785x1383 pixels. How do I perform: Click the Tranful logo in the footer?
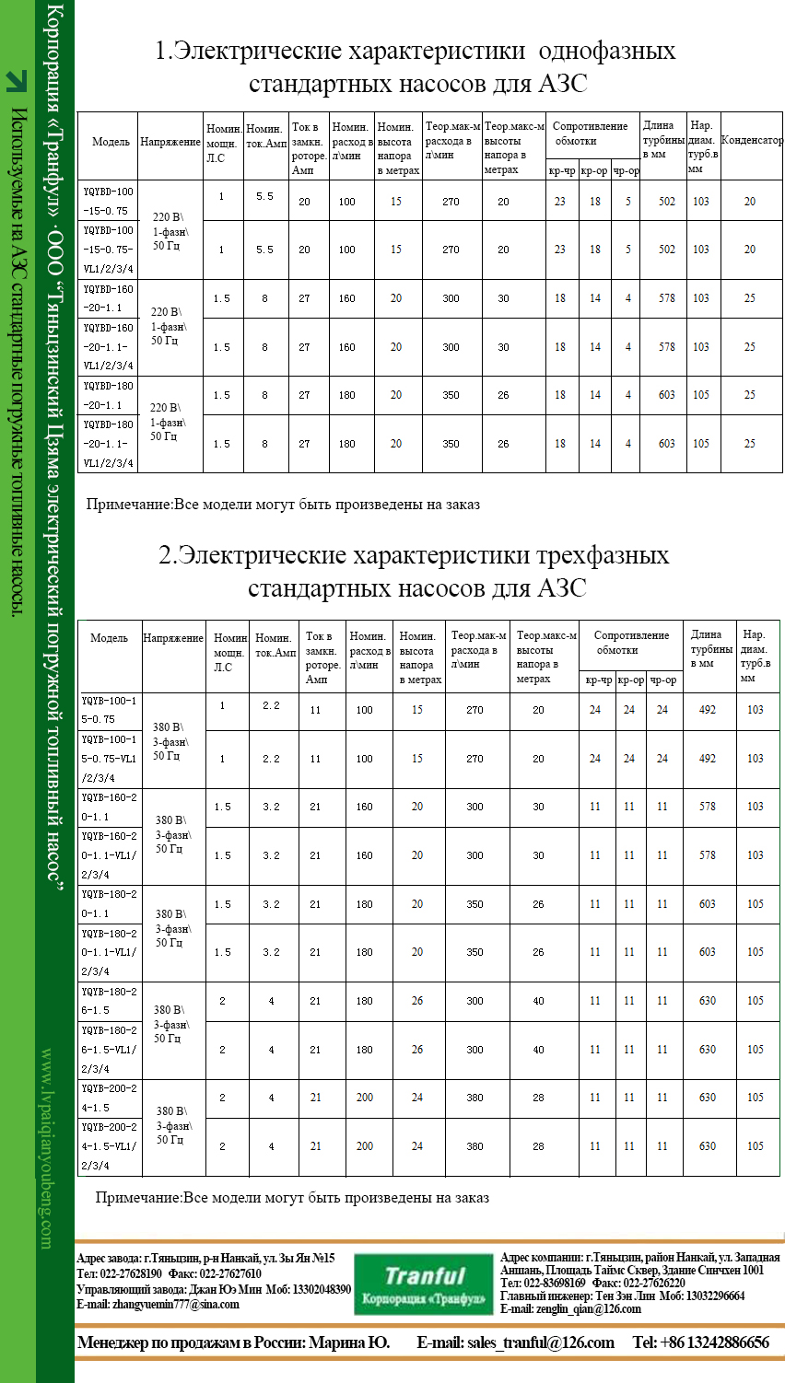(x=425, y=1284)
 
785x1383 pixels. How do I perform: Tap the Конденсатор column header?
(x=752, y=141)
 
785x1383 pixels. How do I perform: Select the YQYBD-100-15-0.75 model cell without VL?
(x=108, y=201)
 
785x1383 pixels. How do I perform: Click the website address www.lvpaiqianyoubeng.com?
(x=47, y=1147)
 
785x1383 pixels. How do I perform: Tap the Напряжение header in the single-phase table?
(x=170, y=143)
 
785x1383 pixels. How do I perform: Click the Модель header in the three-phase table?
(x=110, y=638)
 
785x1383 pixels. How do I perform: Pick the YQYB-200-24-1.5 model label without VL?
(x=110, y=1098)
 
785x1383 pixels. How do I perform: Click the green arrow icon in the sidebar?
(x=17, y=81)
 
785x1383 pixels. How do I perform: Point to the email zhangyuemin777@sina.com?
(x=158, y=1304)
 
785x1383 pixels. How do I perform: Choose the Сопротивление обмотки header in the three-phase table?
(x=631, y=643)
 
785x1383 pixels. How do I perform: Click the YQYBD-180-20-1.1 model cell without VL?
(x=108, y=395)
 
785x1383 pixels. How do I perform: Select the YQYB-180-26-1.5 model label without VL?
(x=110, y=1001)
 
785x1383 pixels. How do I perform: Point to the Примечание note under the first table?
(x=283, y=505)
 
